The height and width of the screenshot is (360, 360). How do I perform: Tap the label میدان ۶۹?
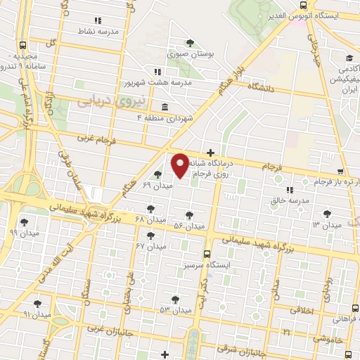[156, 185]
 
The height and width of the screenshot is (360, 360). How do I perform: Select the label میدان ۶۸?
[150, 219]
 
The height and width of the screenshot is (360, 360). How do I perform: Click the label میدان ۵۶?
[188, 226]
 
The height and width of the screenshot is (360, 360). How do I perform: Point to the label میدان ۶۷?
[150, 246]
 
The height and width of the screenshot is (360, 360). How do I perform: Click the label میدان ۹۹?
[23, 232]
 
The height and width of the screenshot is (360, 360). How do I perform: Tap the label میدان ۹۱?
[37, 314]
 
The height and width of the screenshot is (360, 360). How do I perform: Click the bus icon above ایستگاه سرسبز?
[207, 254]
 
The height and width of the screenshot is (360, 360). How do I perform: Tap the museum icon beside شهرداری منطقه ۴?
[165, 107]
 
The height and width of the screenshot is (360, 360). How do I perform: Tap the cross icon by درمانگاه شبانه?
[210, 153]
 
